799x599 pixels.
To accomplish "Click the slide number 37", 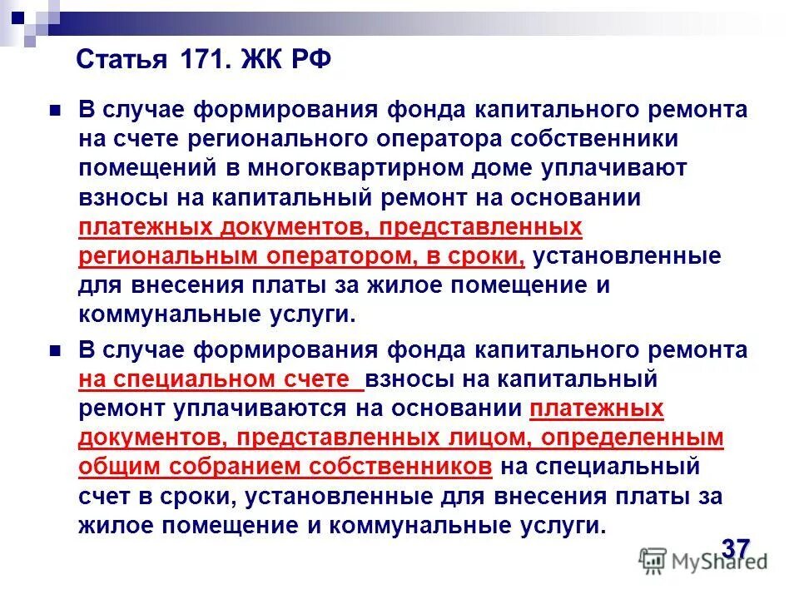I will click(x=736, y=548).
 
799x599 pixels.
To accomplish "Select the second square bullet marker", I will click(x=57, y=349).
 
